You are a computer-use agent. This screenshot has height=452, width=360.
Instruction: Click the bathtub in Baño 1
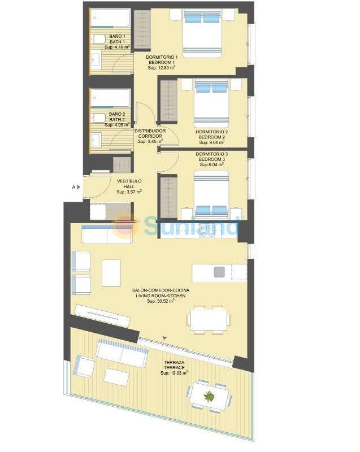110,18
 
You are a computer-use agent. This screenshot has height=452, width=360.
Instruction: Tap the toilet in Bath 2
98,118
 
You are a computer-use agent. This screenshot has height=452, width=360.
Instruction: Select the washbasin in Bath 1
96,60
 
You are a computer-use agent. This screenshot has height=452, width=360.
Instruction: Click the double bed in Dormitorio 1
202,33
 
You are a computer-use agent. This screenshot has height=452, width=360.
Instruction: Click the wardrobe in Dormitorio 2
168,101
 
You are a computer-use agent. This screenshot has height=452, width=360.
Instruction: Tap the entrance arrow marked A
79,187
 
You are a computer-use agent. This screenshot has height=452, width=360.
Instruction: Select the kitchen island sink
219,272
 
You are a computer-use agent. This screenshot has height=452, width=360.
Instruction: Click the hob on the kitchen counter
207,231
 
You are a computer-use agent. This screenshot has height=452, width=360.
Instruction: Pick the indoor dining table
209,320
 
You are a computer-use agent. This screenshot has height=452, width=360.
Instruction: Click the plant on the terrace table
209,397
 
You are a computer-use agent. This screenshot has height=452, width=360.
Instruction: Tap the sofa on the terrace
123,353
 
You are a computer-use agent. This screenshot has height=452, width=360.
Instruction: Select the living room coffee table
111,273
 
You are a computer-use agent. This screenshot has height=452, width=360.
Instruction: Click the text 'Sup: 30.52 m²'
161,301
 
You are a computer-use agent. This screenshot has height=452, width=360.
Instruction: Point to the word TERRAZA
174,362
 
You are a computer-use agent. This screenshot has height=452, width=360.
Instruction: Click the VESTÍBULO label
129,181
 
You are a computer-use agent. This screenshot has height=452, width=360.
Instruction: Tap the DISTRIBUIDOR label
150,131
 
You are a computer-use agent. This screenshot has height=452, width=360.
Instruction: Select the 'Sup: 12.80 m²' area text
162,67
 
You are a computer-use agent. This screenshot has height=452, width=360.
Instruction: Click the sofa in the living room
107,234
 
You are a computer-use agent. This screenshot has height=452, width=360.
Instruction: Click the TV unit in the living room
102,315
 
